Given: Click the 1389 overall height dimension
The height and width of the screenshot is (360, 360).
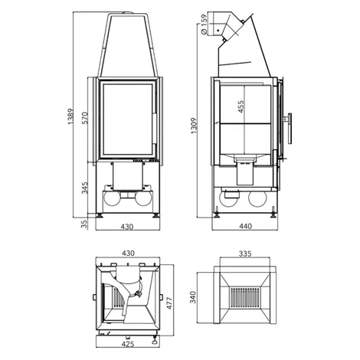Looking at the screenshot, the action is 70,116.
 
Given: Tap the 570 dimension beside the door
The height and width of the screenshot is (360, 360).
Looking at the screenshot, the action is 84,118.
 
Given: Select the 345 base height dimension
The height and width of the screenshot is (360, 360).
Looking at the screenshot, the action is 84,188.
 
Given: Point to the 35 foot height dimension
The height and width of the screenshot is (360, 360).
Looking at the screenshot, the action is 84,224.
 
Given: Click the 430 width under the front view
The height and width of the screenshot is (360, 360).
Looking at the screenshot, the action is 127,227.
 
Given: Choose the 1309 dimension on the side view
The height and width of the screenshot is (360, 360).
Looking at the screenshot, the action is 194,126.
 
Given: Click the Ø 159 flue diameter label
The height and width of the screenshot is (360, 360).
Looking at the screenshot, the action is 204,25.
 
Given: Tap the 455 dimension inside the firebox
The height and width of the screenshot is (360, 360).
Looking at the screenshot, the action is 241,106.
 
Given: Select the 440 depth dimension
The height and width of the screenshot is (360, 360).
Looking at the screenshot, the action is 245,226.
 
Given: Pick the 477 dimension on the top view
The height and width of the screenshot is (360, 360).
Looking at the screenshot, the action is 169,303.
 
